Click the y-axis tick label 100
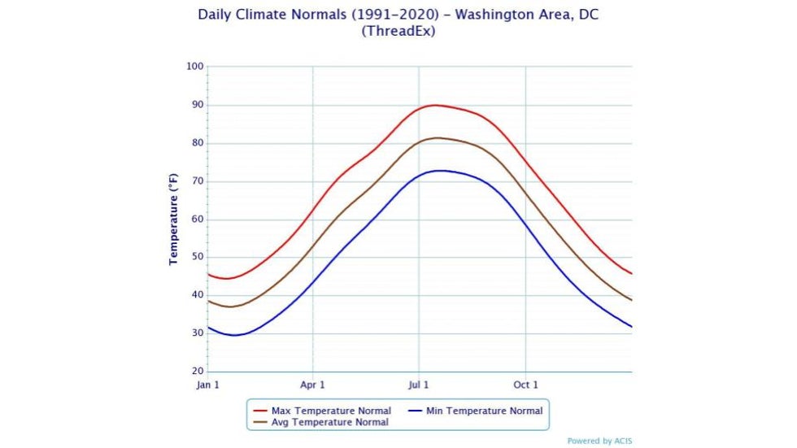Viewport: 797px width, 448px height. (x=194, y=67)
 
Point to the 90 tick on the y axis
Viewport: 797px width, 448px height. (x=196, y=105)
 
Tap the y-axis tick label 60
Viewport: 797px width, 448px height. (x=196, y=220)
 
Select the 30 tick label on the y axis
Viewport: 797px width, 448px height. (x=196, y=333)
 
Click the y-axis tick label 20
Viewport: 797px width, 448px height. (x=196, y=372)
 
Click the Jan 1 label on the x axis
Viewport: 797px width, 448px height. (x=207, y=385)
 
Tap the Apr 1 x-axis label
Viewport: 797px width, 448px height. (x=313, y=385)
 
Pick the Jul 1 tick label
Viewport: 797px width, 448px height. (x=419, y=385)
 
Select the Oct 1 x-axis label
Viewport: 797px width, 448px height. (x=525, y=385)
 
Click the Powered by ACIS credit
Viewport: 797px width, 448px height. (x=599, y=441)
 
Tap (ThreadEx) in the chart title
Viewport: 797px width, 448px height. (x=398, y=31)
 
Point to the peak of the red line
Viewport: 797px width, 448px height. (x=436, y=105)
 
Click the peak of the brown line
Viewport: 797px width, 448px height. (x=438, y=137)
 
